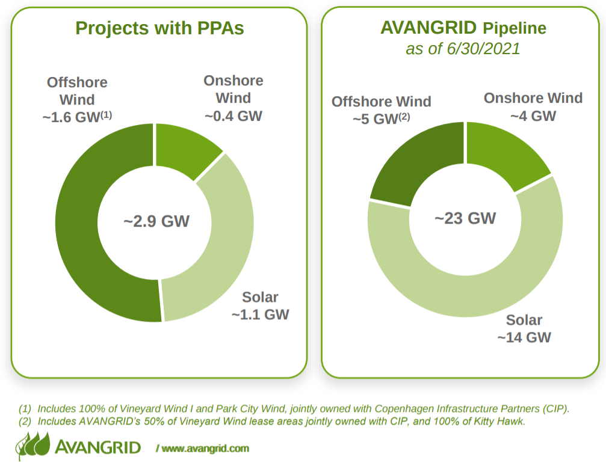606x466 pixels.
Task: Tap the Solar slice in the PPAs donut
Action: (224, 247)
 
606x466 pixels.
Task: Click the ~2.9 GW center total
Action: (156, 222)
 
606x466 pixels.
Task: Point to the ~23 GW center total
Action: (465, 218)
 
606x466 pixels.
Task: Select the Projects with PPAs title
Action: (159, 28)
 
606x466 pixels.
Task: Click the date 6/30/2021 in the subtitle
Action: (483, 49)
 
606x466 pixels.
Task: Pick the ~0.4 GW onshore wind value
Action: (233, 116)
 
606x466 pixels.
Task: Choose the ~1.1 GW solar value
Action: (260, 314)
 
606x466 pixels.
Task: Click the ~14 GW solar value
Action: (524, 337)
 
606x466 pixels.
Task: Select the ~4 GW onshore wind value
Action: (533, 116)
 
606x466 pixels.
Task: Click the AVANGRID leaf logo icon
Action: (33, 446)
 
